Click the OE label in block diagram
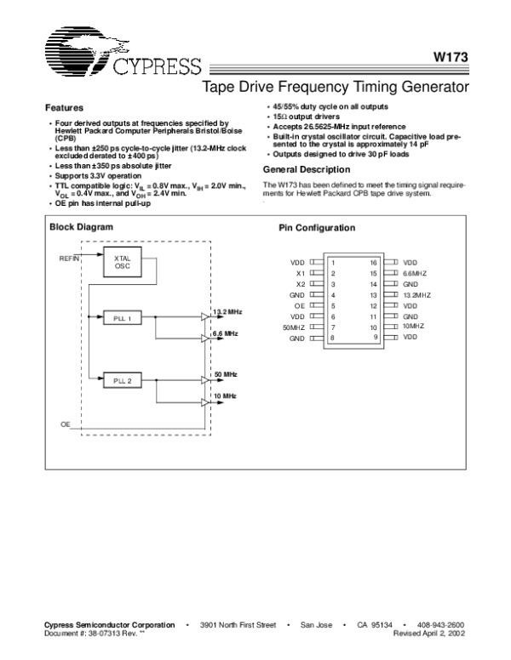tap(65, 423)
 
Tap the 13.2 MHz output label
tap(227, 311)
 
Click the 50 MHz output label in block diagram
tap(226, 373)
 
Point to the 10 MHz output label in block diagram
tap(226, 395)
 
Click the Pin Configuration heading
tap(318, 229)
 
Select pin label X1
tap(300, 273)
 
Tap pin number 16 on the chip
tap(373, 263)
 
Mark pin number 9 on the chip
tap(374, 338)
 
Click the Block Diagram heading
tap(81, 227)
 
